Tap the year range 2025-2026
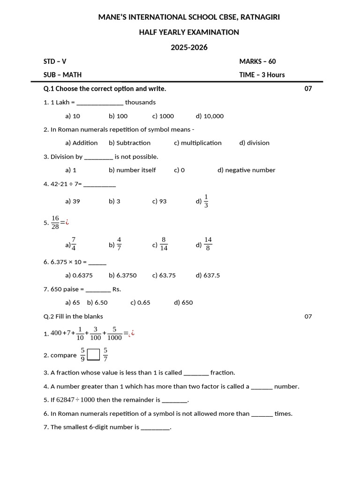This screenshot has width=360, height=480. (x=189, y=47)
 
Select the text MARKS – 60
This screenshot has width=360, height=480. (x=261, y=61)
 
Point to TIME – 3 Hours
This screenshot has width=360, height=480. (x=262, y=75)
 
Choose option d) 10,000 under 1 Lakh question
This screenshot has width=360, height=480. (x=210, y=116)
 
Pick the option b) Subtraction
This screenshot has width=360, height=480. (x=130, y=143)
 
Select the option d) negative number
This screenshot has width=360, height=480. (x=246, y=170)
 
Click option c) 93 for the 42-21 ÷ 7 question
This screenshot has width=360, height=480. (x=159, y=201)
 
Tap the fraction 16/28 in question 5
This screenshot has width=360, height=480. (x=55, y=223)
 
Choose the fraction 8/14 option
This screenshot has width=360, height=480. (x=164, y=244)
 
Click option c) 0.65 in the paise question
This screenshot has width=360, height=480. (x=140, y=303)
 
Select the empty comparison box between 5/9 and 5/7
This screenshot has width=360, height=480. (x=94, y=355)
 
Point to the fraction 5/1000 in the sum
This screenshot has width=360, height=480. (x=114, y=333)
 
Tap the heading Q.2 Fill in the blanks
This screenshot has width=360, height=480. (x=73, y=316)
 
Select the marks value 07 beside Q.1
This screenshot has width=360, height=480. (x=308, y=89)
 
